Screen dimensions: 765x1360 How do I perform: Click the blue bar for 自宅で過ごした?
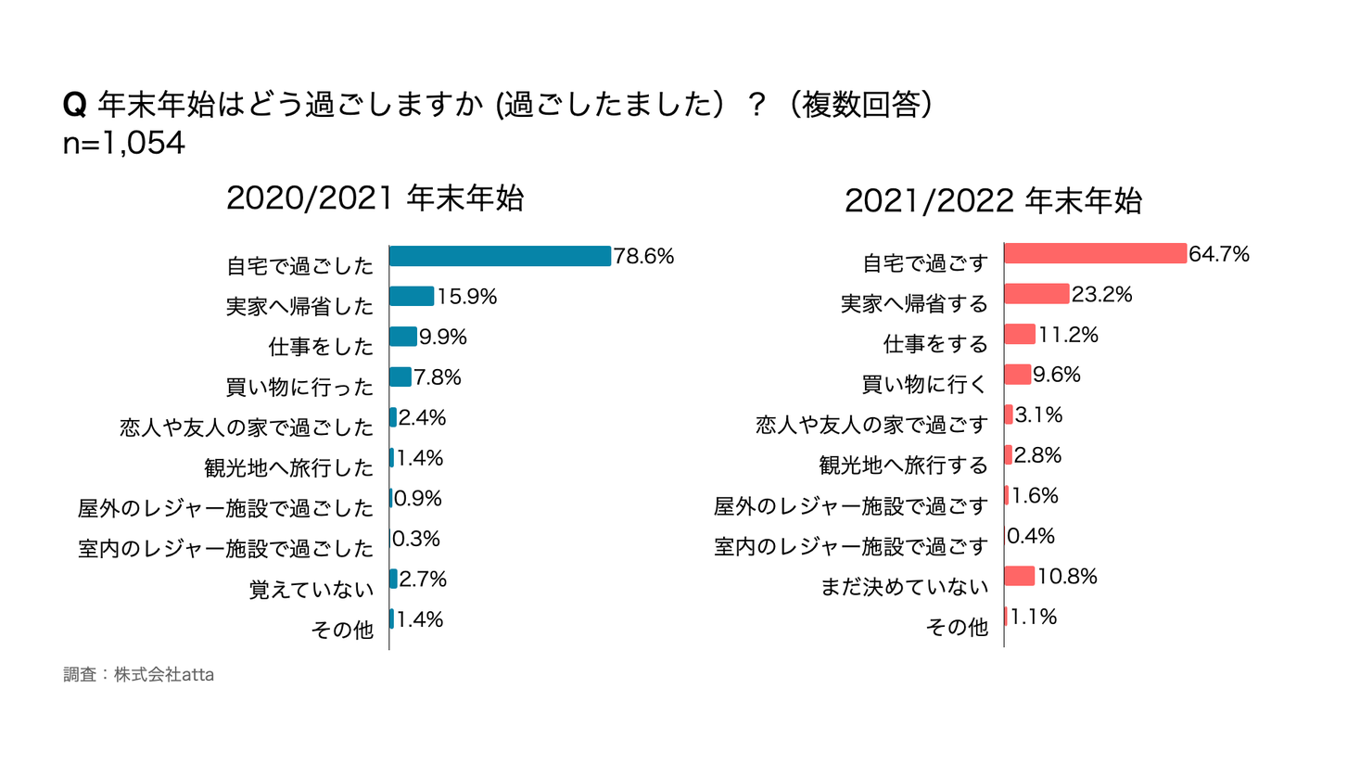500,256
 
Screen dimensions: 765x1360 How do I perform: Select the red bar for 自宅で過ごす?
1095,253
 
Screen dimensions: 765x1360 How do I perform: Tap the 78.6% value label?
643,257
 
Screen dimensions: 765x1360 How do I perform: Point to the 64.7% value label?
1219,254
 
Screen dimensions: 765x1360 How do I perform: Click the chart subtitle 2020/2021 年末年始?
375,198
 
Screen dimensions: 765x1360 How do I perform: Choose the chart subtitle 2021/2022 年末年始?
993,201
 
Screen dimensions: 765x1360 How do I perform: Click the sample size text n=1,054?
124,144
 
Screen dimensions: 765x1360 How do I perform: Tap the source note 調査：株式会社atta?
139,675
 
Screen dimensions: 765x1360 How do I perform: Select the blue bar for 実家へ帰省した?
412,296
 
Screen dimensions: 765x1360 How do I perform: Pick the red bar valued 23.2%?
1036,294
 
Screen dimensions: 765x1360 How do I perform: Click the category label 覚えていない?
311,590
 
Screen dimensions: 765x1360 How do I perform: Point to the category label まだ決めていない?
904,587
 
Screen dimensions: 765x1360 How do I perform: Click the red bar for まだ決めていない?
1019,576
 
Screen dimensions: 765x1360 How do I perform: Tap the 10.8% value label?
1067,577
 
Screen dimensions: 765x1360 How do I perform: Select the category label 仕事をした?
321,347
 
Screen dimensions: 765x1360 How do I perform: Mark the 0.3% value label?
416,540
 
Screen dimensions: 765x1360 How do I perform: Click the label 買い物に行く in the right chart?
924,385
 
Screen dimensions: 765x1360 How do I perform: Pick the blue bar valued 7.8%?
400,376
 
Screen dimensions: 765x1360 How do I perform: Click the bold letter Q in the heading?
74,105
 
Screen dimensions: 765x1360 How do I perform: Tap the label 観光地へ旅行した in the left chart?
288,468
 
